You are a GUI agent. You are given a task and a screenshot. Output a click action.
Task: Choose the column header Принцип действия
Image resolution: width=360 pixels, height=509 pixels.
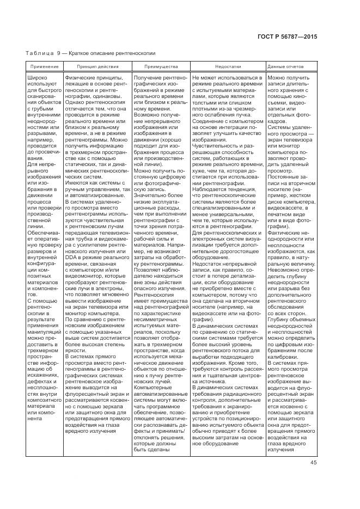(96, 66)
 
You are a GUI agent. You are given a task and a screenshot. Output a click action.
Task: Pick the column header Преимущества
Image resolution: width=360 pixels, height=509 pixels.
(161, 66)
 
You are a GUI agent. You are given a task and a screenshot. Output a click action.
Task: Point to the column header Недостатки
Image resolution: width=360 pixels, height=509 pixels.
(227, 66)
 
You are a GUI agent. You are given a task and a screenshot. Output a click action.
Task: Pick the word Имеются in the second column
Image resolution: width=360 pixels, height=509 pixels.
(77, 184)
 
